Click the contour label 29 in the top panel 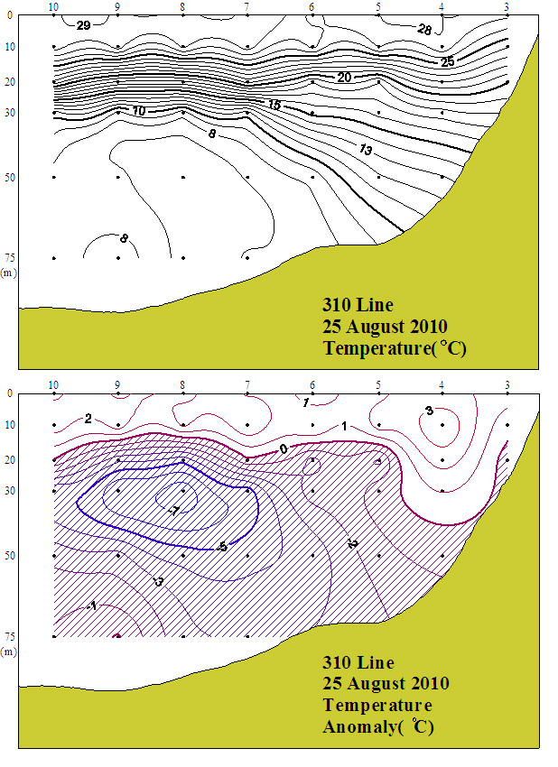pyautogui.click(x=83, y=25)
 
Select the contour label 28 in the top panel pyautogui.click(x=424, y=30)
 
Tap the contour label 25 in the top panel pyautogui.click(x=447, y=61)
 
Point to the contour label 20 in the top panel pyautogui.click(x=344, y=78)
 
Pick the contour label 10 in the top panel pyautogui.click(x=139, y=111)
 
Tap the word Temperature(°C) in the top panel pyautogui.click(x=395, y=348)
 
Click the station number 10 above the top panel pyautogui.click(x=54, y=7)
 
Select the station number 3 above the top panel pyautogui.click(x=507, y=7)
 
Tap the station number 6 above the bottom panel pyautogui.click(x=312, y=385)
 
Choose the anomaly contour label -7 pyautogui.click(x=173, y=512)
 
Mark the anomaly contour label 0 pyautogui.click(x=284, y=448)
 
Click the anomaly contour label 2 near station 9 pyautogui.click(x=88, y=419)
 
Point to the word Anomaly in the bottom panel pyautogui.click(x=359, y=726)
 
